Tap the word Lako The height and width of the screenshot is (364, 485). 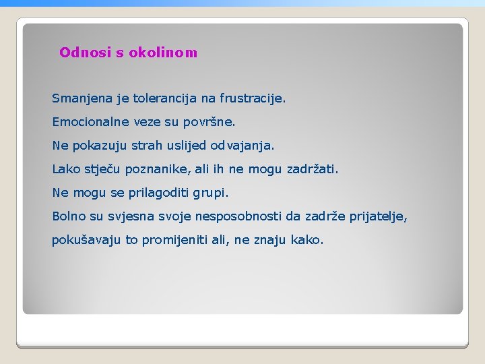tap(66, 169)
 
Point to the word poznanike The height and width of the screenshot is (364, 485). tap(160, 169)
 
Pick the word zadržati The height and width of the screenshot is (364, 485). tap(313, 169)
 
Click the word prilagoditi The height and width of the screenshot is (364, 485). tap(159, 193)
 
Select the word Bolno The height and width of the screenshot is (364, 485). tap(69, 216)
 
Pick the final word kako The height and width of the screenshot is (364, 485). tap(307, 240)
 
